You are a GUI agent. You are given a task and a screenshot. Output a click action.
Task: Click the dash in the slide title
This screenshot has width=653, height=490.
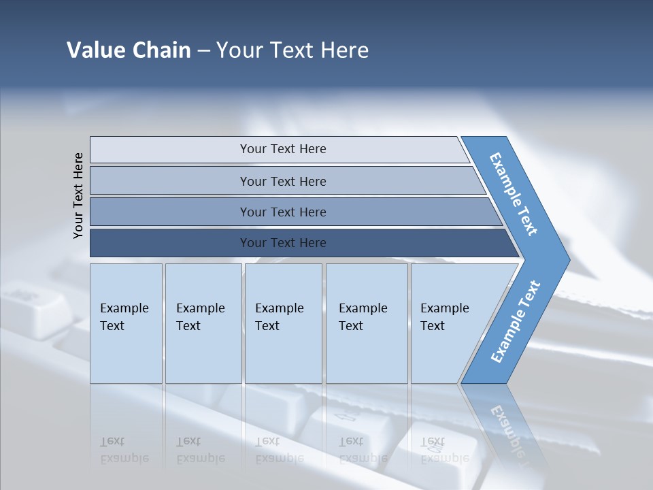203,51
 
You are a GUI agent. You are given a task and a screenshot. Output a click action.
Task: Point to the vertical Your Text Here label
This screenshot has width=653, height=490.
78,195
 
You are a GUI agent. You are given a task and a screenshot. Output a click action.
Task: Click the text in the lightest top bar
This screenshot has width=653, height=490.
283,149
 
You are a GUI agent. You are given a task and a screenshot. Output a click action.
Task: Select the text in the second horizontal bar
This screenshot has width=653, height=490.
283,181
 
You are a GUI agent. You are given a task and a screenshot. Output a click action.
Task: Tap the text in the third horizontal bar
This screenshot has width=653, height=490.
283,212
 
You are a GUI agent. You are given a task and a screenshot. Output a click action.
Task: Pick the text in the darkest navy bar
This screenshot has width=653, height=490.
283,242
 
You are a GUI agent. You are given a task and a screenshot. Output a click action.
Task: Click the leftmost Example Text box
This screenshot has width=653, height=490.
124,317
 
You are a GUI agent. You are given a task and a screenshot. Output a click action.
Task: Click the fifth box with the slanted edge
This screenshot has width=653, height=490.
445,317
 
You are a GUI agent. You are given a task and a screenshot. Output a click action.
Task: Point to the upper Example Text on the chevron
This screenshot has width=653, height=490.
514,194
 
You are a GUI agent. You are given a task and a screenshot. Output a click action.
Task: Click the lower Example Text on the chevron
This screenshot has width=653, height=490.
516,321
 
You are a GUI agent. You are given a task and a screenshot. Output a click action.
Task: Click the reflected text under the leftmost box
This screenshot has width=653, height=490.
124,450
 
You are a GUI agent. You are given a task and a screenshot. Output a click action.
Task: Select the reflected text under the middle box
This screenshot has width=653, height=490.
280,450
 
